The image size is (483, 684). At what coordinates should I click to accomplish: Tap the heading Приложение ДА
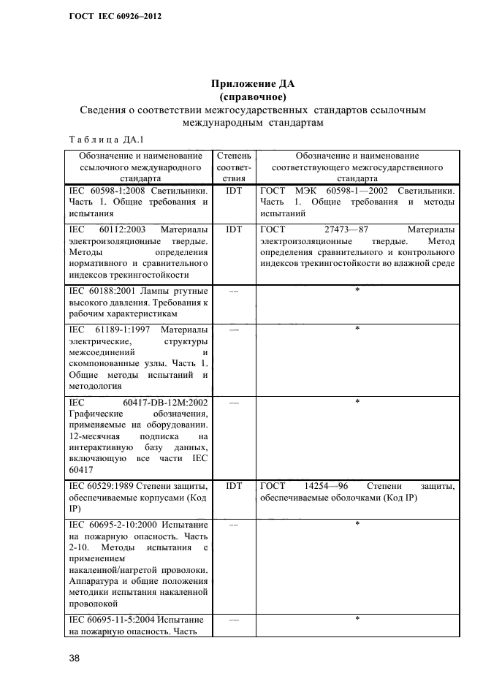pyautogui.click(x=252, y=83)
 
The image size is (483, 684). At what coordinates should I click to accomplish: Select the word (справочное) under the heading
pyautogui.click(x=252, y=96)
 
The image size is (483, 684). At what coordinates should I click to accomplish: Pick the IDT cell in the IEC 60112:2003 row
pyautogui.click(x=234, y=229)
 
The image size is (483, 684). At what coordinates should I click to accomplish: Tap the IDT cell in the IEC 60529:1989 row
pyautogui.click(x=234, y=486)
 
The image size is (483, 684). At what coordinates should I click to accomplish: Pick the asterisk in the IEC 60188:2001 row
pyautogui.click(x=357, y=292)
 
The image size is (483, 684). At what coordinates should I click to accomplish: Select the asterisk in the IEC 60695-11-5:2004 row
pyautogui.click(x=357, y=620)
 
